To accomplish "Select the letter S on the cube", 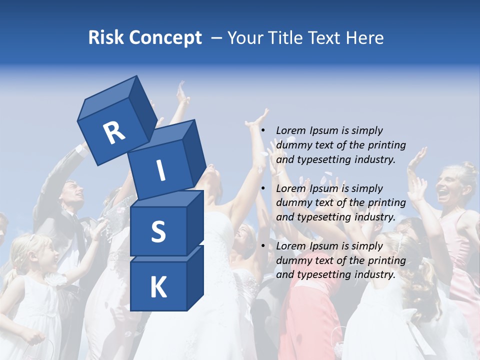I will [x=158, y=231].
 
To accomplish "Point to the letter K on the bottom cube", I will [x=158, y=287].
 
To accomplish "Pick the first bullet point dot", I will [x=262, y=130].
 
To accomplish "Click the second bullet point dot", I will [x=262, y=188].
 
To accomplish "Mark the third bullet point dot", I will [x=262, y=246].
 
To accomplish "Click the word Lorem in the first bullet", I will [x=290, y=130].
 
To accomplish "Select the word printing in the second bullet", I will [x=386, y=203].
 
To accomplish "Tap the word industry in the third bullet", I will [x=374, y=274].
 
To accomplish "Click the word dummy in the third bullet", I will [x=292, y=260].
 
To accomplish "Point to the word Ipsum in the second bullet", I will [x=324, y=188].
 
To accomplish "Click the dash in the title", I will [x=217, y=37].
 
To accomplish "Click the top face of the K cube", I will [x=167, y=253].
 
